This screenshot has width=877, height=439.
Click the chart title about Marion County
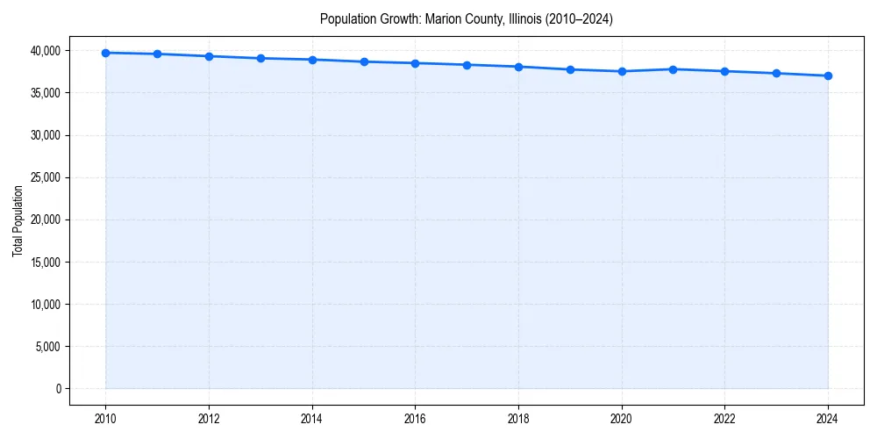[466, 18]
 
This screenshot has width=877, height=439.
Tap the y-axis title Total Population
[18, 220]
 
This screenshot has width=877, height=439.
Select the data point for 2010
[105, 53]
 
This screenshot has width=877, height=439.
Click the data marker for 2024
[828, 76]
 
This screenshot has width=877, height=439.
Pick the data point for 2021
[673, 68]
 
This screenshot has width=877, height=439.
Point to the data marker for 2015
[364, 61]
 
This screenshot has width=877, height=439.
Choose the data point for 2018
[518, 67]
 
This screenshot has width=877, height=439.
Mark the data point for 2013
[260, 58]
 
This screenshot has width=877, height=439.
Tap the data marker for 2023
[776, 73]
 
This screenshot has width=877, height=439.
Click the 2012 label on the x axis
[209, 418]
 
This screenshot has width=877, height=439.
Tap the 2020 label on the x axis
[622, 418]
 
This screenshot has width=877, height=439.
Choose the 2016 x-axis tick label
[416, 418]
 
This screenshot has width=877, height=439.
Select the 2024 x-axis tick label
[828, 418]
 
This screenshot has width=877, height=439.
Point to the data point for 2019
[570, 69]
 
